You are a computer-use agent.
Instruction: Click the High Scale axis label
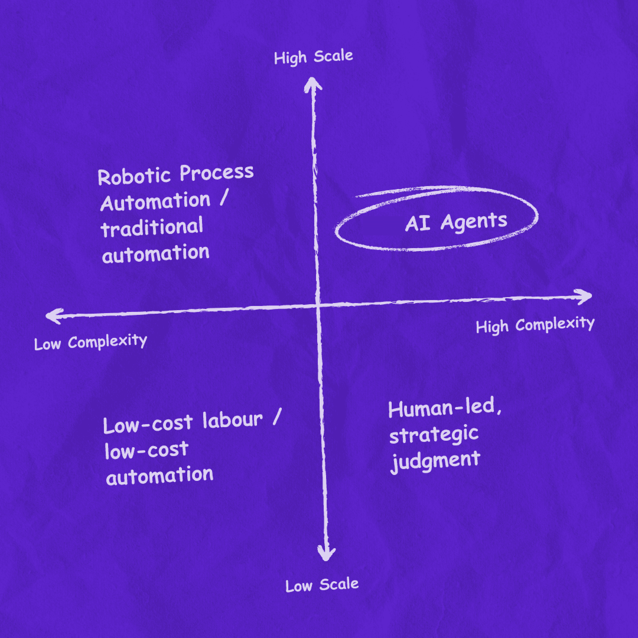pyautogui.click(x=313, y=57)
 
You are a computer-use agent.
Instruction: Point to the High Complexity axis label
pyautogui.click(x=535, y=325)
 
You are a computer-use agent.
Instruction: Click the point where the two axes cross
pyautogui.click(x=318, y=306)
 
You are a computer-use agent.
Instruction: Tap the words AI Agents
pyautogui.click(x=456, y=222)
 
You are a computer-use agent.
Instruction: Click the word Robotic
pyautogui.click(x=134, y=176)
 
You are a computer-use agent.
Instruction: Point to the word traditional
pyautogui.click(x=152, y=227)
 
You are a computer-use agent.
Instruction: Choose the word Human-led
pyautogui.click(x=445, y=408)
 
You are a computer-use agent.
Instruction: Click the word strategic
pyautogui.click(x=434, y=436)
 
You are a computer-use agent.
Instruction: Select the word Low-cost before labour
pyautogui.click(x=148, y=425)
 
